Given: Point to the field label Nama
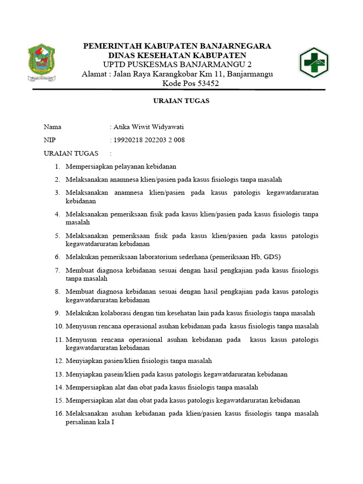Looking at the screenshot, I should click(52, 127).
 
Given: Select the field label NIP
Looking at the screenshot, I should click(50, 140).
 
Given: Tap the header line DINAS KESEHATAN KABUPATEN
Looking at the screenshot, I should click(177, 55).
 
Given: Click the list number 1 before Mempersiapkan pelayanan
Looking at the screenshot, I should click(57, 166).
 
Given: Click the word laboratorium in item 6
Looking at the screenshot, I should click(157, 257).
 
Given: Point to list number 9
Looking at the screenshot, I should click(57, 313).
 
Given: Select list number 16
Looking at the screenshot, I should click(59, 414).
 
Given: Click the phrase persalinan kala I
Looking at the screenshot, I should click(90, 422).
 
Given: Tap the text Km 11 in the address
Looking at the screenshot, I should click(216, 74).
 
